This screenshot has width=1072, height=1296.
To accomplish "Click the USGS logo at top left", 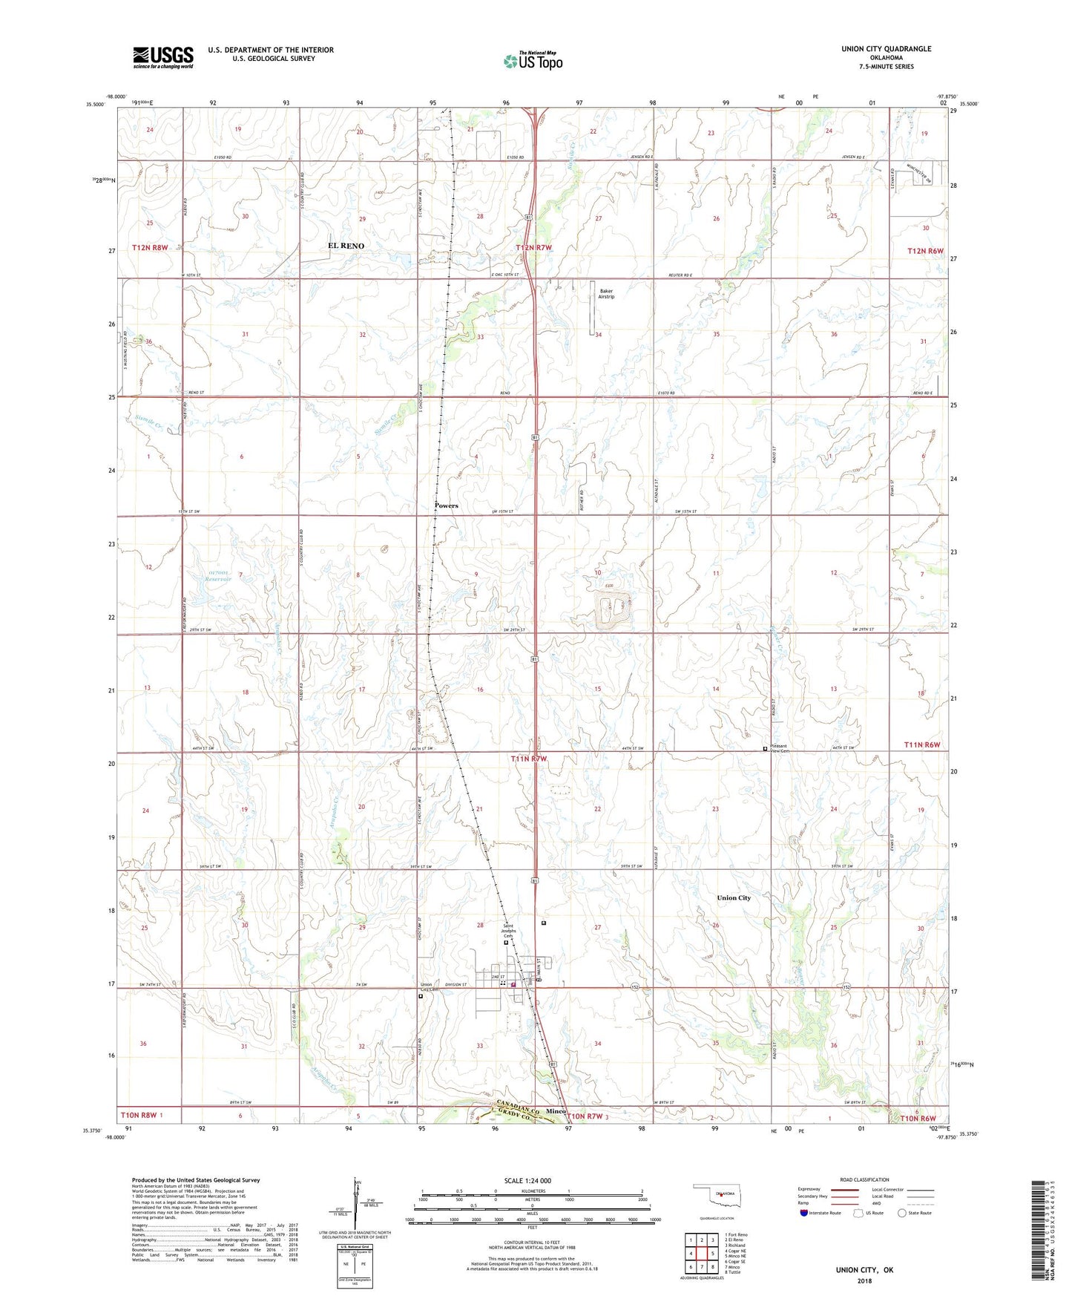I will (163, 57).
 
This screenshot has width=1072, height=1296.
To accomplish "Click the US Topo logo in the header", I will (533, 61).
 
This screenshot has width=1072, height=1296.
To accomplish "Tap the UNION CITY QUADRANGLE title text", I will (886, 49).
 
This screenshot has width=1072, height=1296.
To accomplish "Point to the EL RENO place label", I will (346, 246).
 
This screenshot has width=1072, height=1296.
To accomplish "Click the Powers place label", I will (446, 505).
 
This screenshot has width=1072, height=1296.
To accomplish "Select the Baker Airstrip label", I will (606, 294).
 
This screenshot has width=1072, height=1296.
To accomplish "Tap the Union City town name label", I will (733, 897).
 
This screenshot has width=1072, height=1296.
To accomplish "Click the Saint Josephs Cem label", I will (508, 931).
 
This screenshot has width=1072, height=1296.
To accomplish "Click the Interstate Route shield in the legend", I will (804, 1213).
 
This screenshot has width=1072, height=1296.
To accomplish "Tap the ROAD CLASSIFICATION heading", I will (864, 1179).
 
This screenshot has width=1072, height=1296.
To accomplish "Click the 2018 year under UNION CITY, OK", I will (864, 1280).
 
